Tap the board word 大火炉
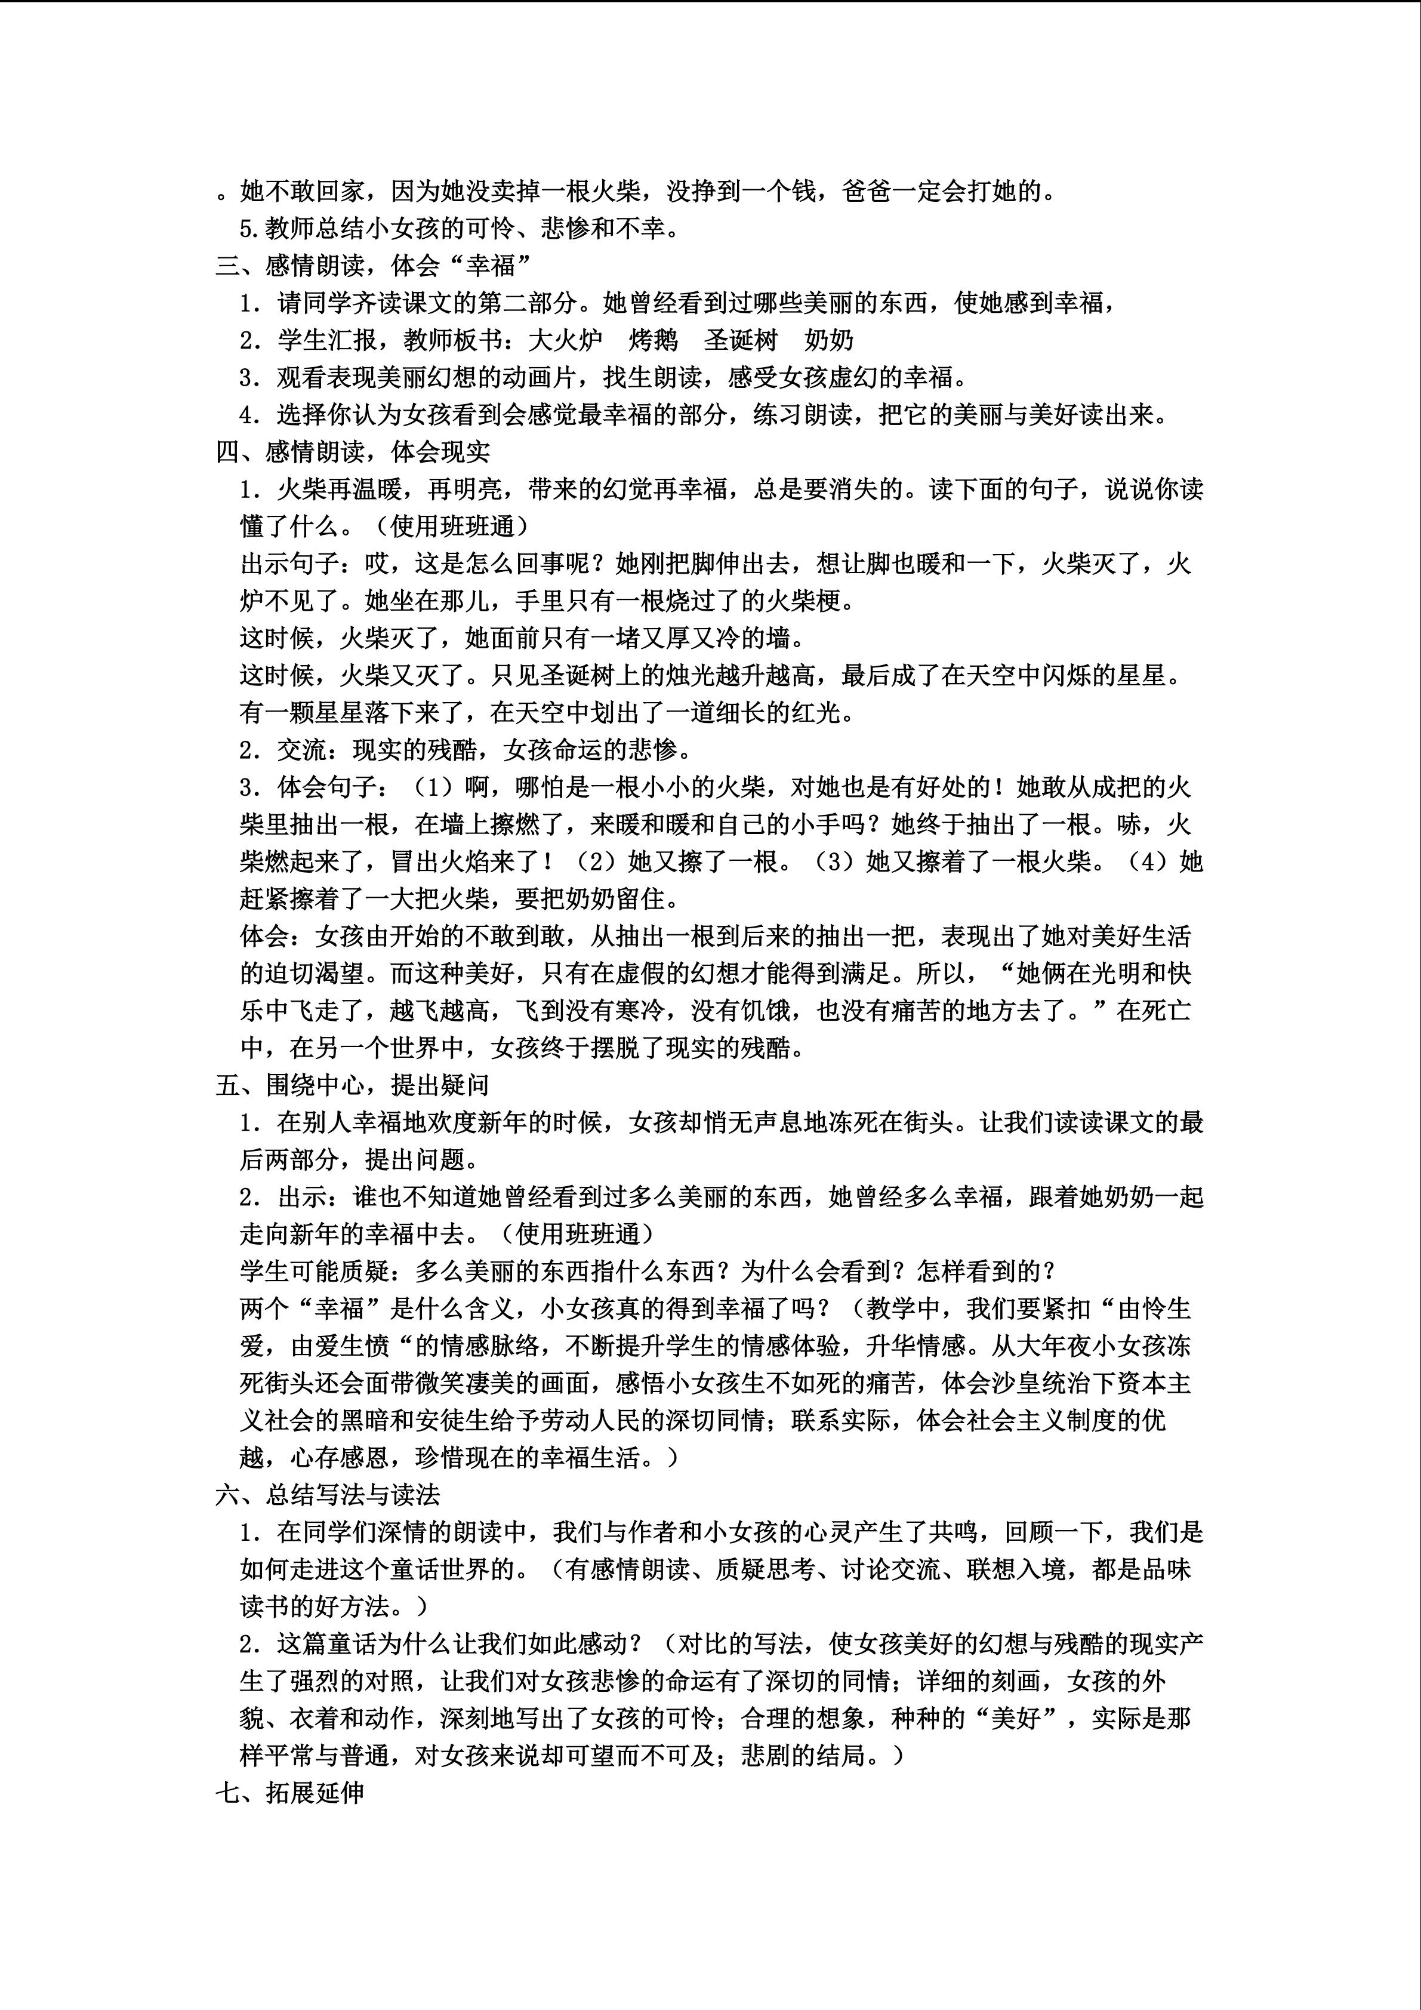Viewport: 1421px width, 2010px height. tap(565, 340)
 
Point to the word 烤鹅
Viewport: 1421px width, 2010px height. tap(653, 340)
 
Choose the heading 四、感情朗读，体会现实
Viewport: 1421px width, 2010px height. tap(353, 452)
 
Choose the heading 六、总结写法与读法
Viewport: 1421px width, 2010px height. tap(327, 1494)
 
